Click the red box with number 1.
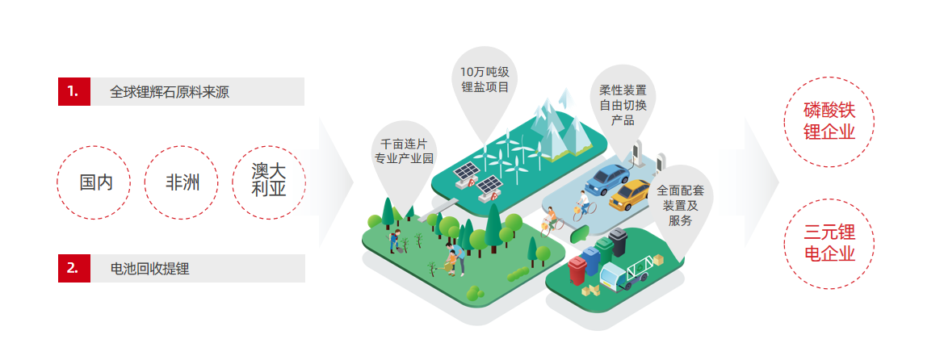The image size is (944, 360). click(x=73, y=91)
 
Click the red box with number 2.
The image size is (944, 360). click(x=73, y=268)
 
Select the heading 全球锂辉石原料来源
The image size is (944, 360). click(x=170, y=92)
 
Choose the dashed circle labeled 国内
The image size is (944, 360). click(x=96, y=182)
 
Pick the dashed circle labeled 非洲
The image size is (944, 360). click(x=183, y=182)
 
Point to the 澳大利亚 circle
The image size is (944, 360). click(x=269, y=182)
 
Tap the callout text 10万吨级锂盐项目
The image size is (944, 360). click(x=484, y=78)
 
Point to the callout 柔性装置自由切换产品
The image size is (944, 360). click(x=623, y=105)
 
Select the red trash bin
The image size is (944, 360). click(x=577, y=270)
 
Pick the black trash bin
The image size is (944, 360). click(x=619, y=241)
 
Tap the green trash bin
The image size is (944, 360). click(x=604, y=249)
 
